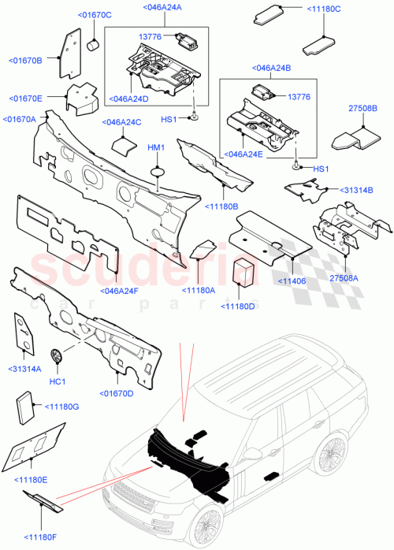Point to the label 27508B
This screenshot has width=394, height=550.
coord(362,109)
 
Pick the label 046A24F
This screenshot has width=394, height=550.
coord(120,290)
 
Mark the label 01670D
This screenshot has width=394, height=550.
coord(116,392)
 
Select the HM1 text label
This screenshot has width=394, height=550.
coord(156,148)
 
